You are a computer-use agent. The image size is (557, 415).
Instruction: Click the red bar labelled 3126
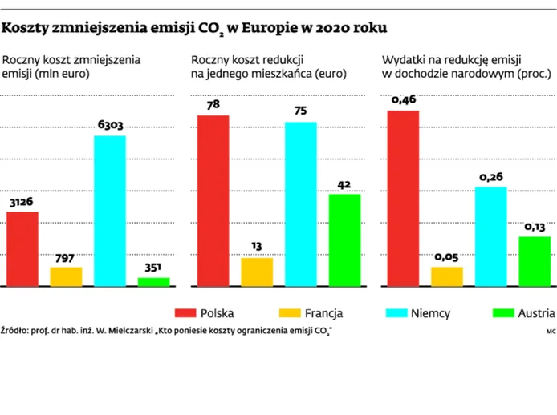tap(22, 249)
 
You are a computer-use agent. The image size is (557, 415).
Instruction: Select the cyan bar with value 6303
tap(110, 211)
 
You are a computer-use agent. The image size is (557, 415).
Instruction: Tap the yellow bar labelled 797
tap(66, 276)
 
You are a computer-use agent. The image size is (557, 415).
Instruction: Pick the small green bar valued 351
tap(153, 281)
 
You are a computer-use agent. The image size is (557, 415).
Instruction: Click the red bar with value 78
tap(213, 200)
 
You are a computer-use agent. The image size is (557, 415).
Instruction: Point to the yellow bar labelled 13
tap(257, 272)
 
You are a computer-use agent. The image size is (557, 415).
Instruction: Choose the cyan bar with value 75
tap(300, 203)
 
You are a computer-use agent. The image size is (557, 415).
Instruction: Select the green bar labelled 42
tap(344, 240)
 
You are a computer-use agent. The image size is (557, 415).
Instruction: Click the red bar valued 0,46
tap(403, 198)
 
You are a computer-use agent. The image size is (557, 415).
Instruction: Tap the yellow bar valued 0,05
tap(447, 276)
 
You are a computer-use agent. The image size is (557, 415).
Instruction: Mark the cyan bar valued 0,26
tap(490, 236)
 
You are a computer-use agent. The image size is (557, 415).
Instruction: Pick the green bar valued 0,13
tap(535, 261)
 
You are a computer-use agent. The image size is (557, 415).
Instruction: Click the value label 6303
tap(110, 125)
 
